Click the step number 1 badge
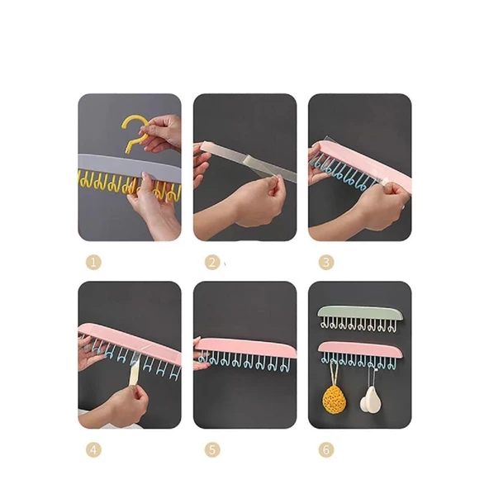93,263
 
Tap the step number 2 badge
212,263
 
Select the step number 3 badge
326,263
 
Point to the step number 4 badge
93,450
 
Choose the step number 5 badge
212,450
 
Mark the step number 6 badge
326,450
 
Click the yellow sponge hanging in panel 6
334,398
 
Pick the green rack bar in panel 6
360,313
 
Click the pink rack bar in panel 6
360,349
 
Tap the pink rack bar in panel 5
246,348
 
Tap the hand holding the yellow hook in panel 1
160,132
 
